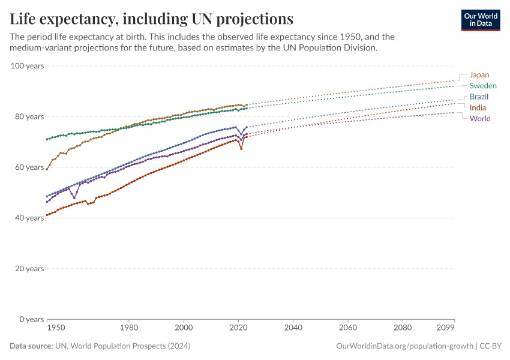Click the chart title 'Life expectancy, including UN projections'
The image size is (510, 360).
[x=152, y=19]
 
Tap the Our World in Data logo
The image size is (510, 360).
[x=480, y=20]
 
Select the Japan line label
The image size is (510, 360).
[x=479, y=75]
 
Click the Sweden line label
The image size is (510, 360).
[x=483, y=86]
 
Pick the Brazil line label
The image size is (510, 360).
[x=479, y=97]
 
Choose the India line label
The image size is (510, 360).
[x=478, y=107]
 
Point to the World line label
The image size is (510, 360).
[x=480, y=118]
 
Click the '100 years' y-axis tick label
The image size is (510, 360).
[x=27, y=65]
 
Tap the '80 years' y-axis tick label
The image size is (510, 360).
[x=29, y=116]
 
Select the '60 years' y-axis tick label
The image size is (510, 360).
[x=29, y=167]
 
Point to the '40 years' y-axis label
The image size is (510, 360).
[x=29, y=218]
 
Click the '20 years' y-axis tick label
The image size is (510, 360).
[x=29, y=268]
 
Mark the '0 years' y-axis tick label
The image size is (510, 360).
[x=31, y=319]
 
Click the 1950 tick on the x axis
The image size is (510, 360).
[x=56, y=328]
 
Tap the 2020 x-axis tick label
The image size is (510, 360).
[x=239, y=328]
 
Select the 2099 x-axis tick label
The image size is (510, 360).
[x=446, y=328]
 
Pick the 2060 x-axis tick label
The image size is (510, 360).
[x=348, y=328]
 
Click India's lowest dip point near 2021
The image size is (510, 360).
[x=241, y=148]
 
